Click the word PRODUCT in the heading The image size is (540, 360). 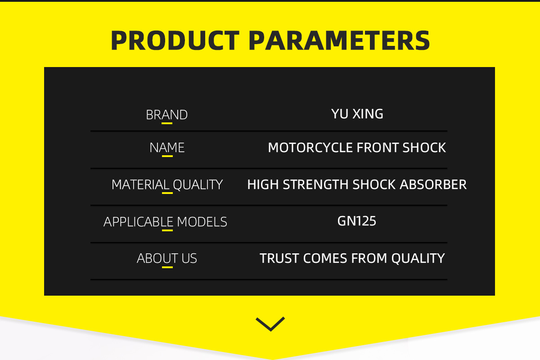coord(175,40)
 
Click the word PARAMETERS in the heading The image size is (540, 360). coord(339,40)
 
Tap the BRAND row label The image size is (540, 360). coord(166,115)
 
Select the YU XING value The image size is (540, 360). coord(357,114)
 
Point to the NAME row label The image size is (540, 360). coord(167,148)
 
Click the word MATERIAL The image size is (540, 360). coord(140,184)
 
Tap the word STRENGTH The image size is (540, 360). coord(315,184)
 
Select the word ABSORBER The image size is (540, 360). coord(433,184)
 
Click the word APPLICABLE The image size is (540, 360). coord(139,222)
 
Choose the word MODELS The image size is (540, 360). coord(202,222)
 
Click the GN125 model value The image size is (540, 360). coord(356,221)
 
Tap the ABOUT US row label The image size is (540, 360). coord(167,258)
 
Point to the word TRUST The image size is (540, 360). coord(279,258)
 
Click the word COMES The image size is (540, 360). coord(325,258)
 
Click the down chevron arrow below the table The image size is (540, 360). coord(270,324)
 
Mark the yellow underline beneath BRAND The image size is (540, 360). coord(167,123)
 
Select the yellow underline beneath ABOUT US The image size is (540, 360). coord(167,267)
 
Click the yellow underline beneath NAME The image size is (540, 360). coord(167,156)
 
